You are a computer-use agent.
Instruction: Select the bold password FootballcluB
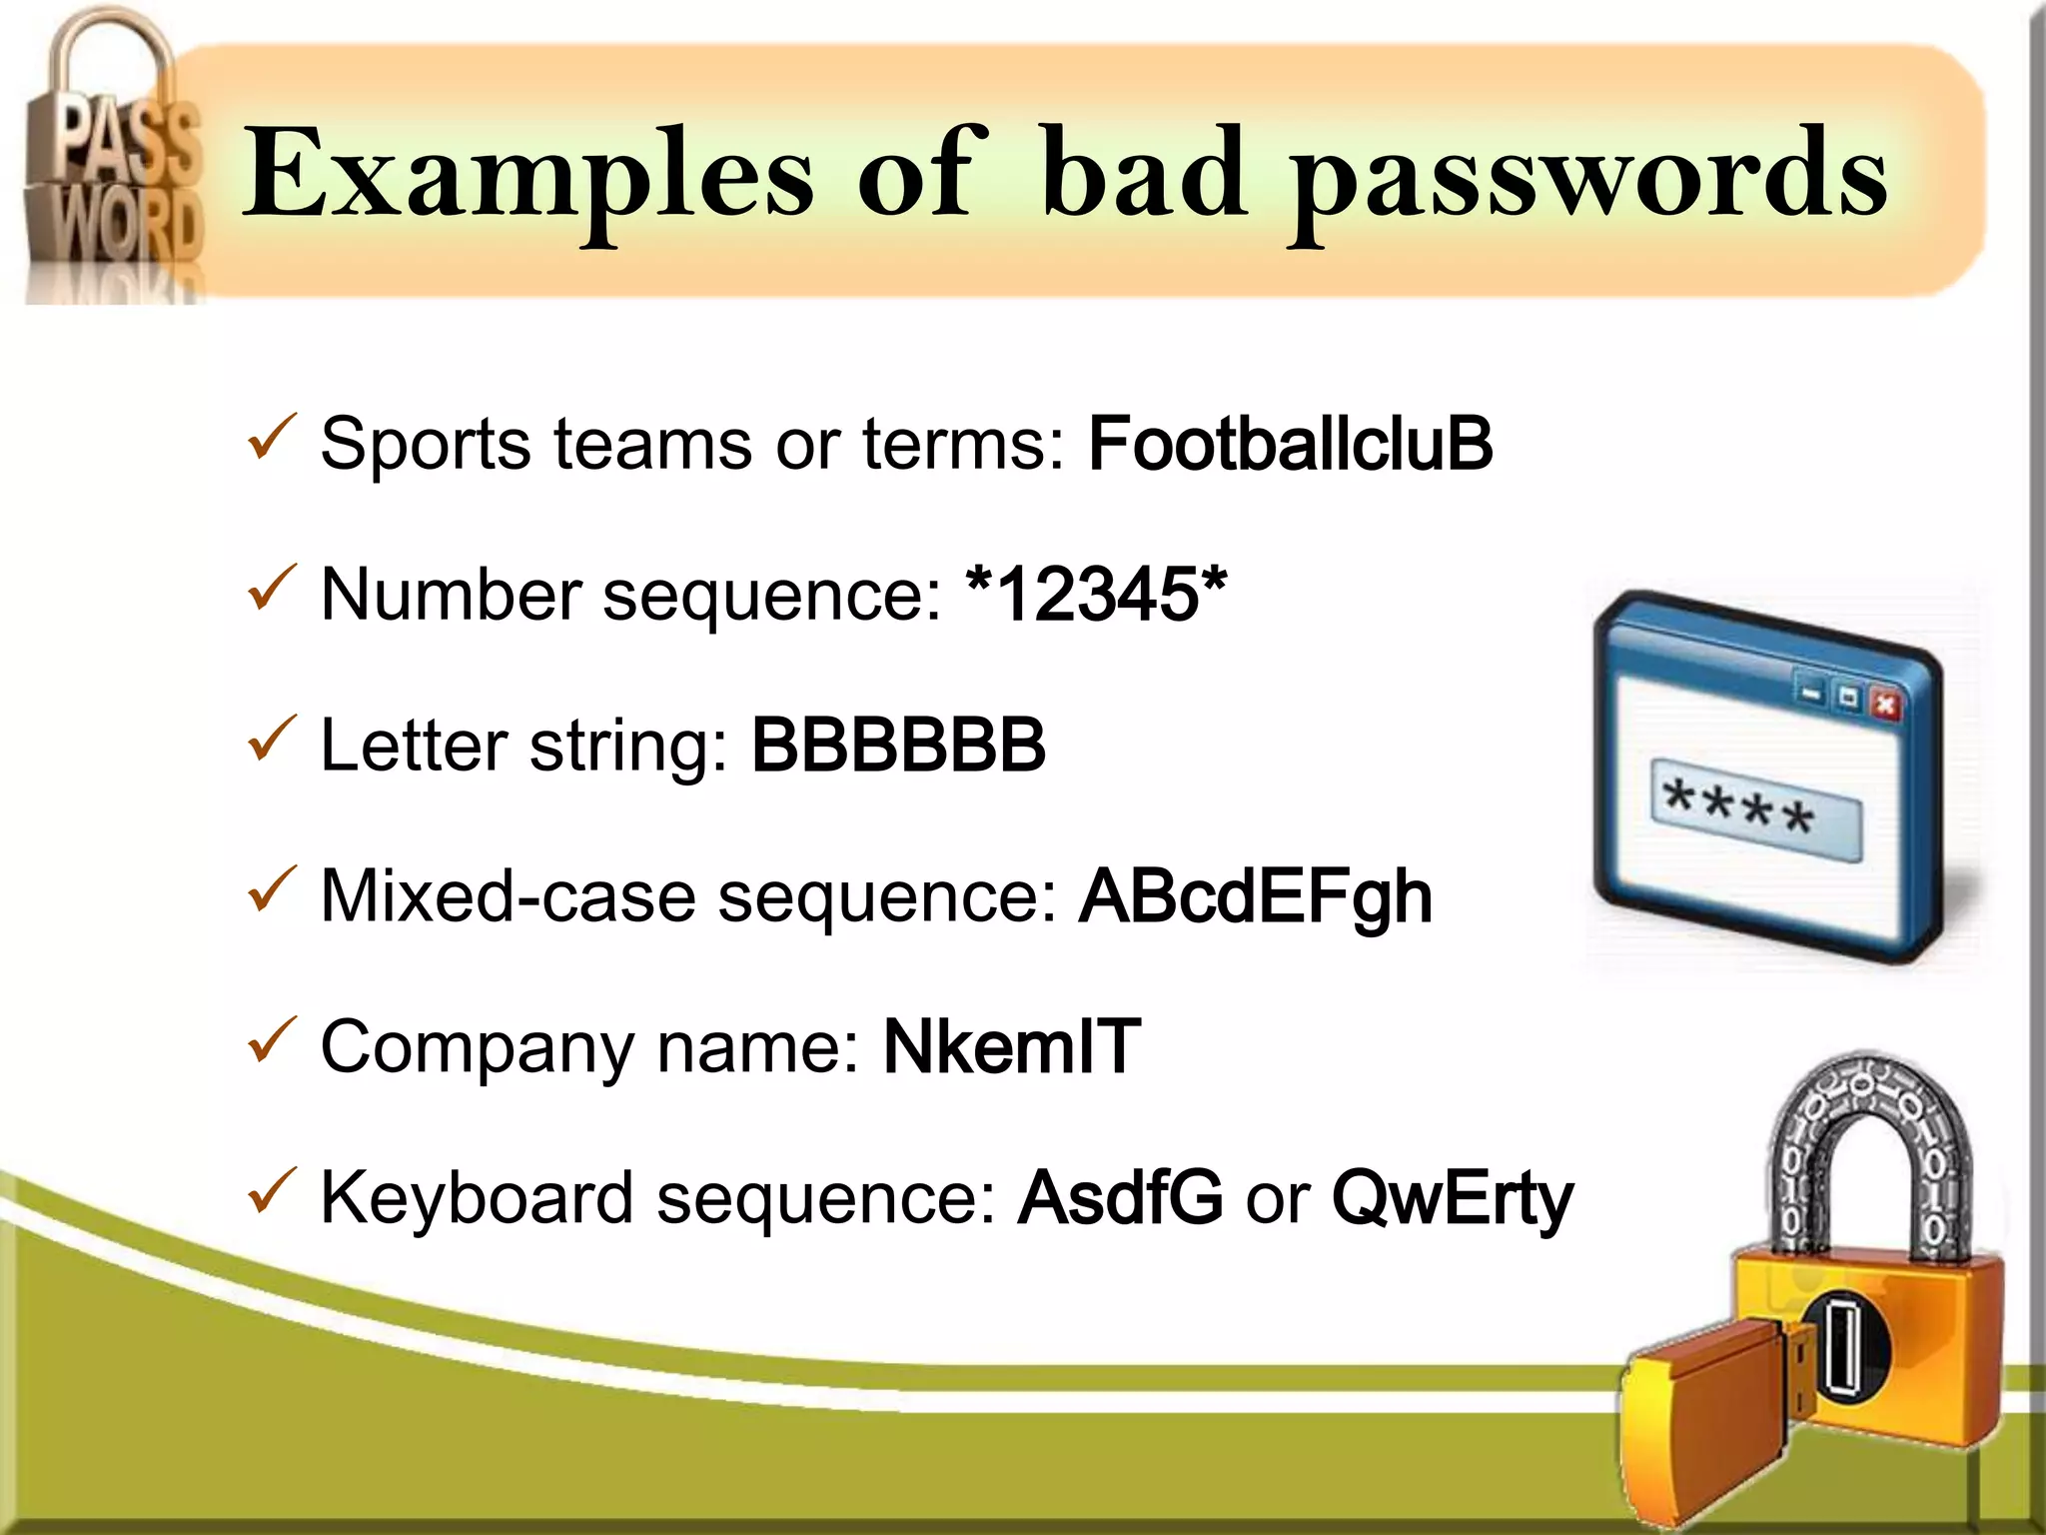pyautogui.click(x=1290, y=444)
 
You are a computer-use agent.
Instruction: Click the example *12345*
pyautogui.click(x=1096, y=594)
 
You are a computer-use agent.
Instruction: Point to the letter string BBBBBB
pyautogui.click(x=898, y=746)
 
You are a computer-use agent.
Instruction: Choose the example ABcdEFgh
pyautogui.click(x=1256, y=896)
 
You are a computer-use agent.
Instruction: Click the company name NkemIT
pyautogui.click(x=1011, y=1047)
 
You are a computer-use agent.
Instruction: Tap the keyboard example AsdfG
pyautogui.click(x=1119, y=1197)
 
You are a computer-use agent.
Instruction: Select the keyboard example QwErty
pyautogui.click(x=1452, y=1199)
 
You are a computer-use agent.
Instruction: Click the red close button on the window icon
pyautogui.click(x=1885, y=706)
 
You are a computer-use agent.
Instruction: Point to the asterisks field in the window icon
pyautogui.click(x=1755, y=809)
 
